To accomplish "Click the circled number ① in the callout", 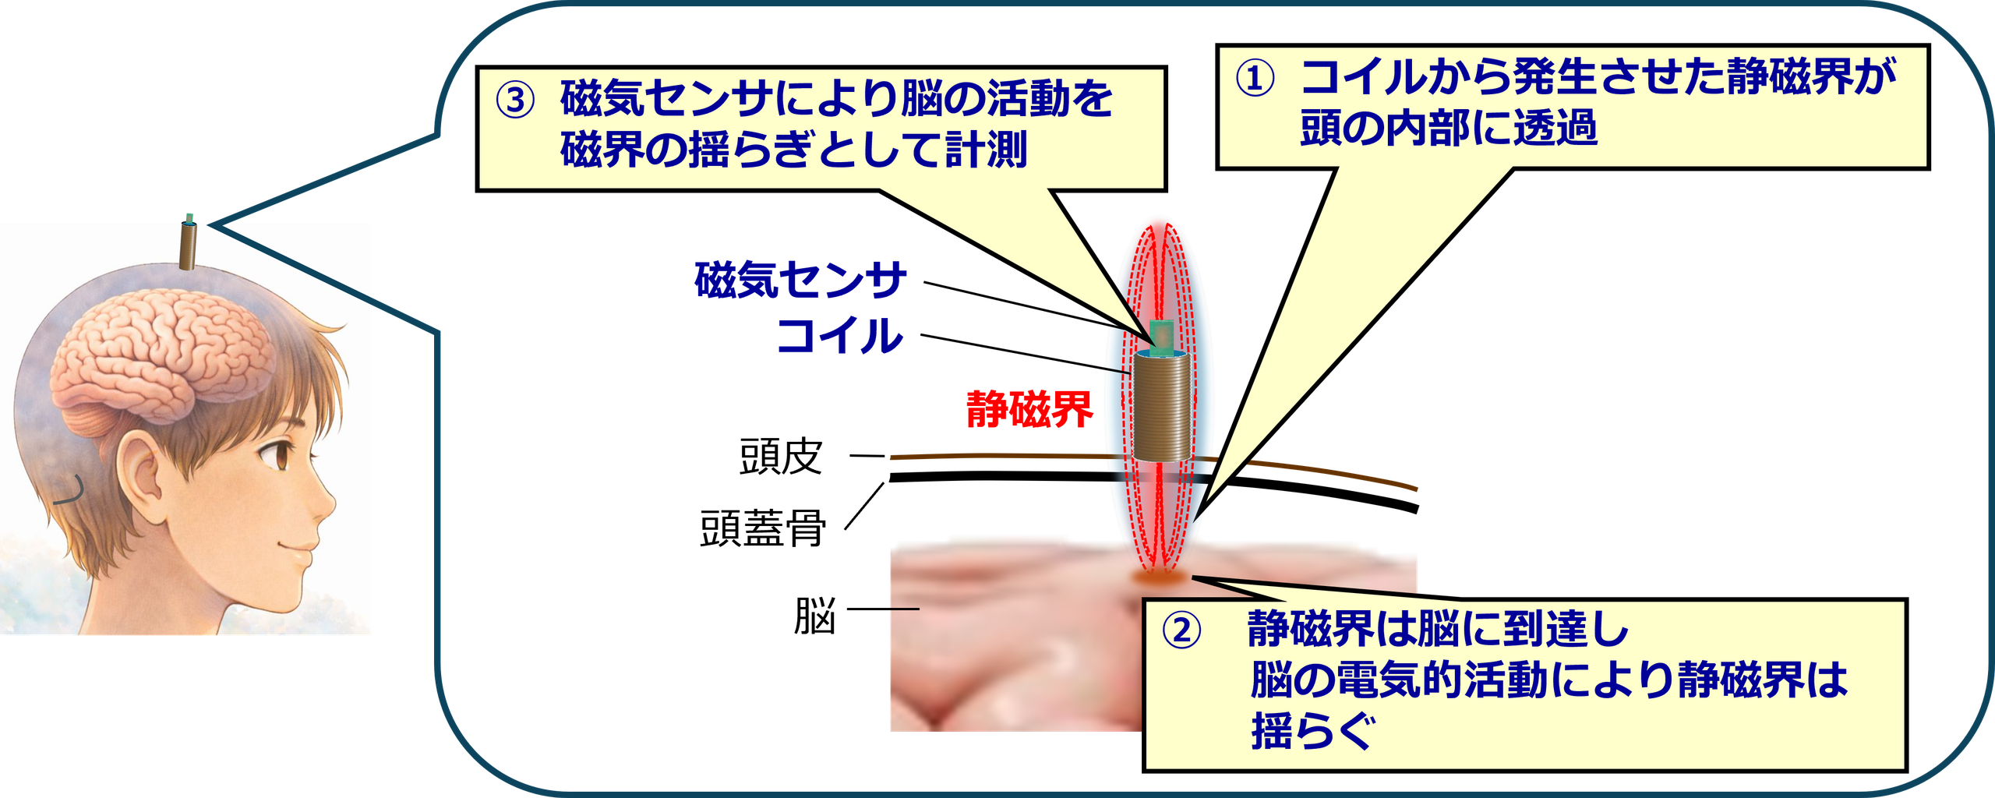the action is pos(1255,78).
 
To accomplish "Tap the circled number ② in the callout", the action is pos(1181,630).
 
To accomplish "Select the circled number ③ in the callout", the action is pos(515,101).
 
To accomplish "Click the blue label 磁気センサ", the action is pos(800,280).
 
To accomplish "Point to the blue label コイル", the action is pos(840,336).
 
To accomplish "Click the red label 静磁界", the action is pos(1029,409).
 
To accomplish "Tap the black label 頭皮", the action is pos(781,457).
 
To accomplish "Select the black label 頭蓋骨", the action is pos(763,528).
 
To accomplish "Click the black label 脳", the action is pos(814,616).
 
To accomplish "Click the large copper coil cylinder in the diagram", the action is pos(1161,405).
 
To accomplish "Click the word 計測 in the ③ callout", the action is pos(986,150).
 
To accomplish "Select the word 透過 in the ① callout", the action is pos(1555,128).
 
